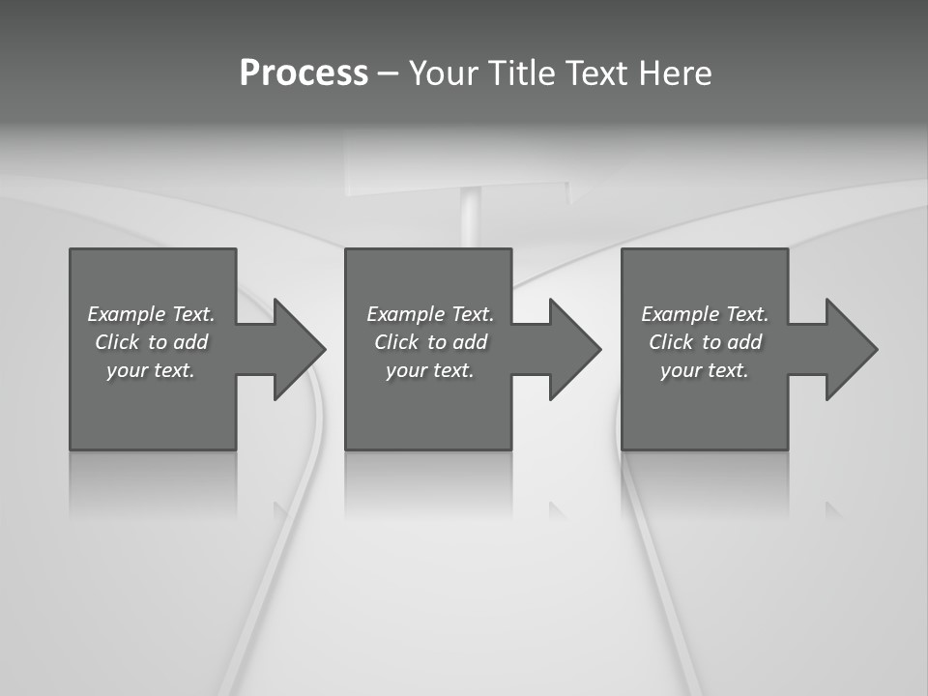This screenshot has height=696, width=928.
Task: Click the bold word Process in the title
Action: tap(304, 73)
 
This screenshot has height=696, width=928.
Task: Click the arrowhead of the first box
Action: tap(299, 349)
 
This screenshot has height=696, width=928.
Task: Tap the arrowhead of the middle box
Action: tap(574, 349)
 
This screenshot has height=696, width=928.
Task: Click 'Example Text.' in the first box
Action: tap(151, 314)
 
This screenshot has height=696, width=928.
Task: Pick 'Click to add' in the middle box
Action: tap(430, 342)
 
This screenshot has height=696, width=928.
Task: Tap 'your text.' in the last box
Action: tap(705, 370)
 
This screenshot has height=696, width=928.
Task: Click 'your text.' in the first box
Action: tap(151, 370)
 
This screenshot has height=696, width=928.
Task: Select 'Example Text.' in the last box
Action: tap(705, 314)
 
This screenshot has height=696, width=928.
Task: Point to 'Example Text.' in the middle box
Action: tap(430, 314)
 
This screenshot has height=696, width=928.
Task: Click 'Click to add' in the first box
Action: tap(151, 342)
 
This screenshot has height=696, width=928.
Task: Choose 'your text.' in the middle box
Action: tap(430, 370)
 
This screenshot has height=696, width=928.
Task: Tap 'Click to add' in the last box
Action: tap(705, 342)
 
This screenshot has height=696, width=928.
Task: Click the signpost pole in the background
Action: tap(471, 217)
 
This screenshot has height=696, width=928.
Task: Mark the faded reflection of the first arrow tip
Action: tap(280, 507)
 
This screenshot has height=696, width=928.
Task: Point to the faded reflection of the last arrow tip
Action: tap(832, 508)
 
